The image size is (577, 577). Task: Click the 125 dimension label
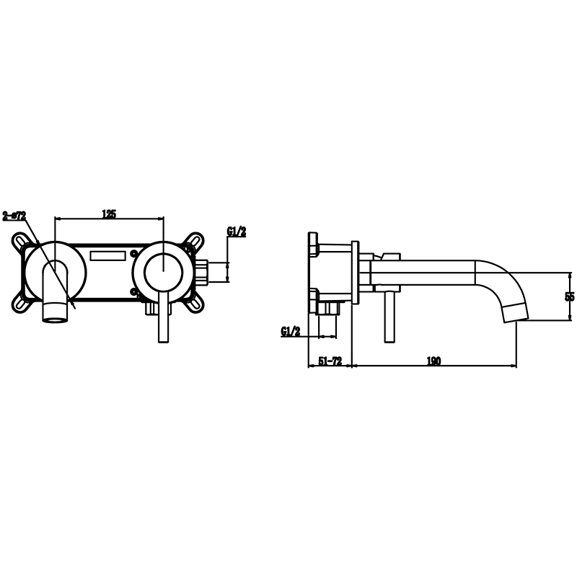point(109,213)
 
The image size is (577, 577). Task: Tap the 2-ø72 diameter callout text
point(14,216)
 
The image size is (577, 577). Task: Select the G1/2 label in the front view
point(237,232)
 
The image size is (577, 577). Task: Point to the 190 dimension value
point(433,361)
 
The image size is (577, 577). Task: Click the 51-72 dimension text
point(330,361)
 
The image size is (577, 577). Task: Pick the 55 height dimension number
point(570,296)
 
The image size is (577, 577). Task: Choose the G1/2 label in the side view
point(291,332)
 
